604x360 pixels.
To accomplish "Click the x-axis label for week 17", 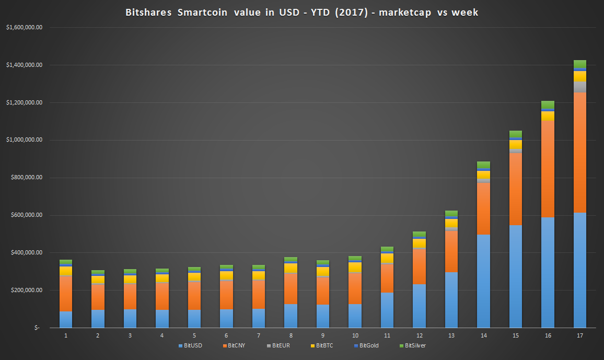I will point(579,335).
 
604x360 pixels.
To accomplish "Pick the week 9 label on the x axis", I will point(323,335).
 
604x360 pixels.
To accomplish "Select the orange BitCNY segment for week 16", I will point(548,169).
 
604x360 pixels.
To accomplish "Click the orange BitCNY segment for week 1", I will point(66,294).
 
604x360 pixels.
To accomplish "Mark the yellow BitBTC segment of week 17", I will point(579,76).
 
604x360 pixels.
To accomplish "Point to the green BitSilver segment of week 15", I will point(516,134).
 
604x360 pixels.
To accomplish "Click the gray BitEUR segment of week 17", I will point(579,87).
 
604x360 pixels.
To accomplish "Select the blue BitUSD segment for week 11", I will point(387,310).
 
